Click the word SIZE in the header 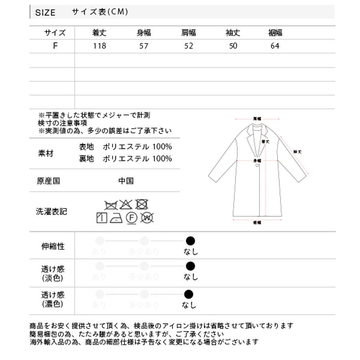45,12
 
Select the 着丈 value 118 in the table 99,46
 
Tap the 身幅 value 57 144,46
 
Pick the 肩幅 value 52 189,46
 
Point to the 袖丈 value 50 233,46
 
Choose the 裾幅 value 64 275,46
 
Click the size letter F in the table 55,46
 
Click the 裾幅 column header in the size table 275,33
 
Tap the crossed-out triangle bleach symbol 126,204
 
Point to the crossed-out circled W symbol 147,218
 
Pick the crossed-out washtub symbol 111,205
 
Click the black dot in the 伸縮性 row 190,241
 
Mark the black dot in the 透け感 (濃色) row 189,295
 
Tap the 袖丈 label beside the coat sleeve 297,152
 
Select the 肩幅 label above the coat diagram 257,119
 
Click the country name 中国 126,181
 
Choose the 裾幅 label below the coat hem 257,223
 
